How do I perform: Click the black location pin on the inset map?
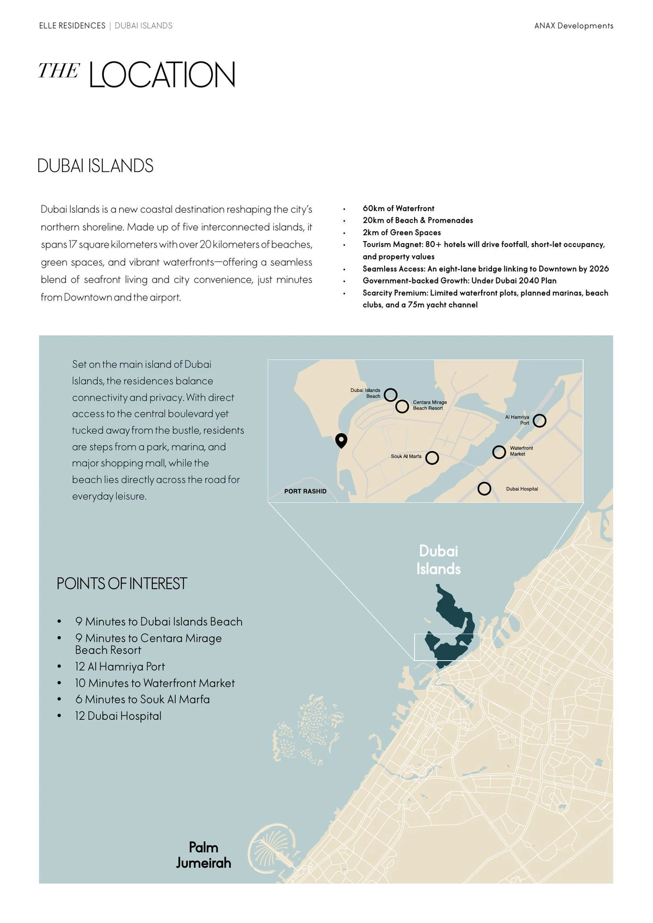(341, 440)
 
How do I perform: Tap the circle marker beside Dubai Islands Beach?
(390, 395)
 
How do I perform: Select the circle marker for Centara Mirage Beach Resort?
(402, 406)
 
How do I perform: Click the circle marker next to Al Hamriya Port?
(539, 421)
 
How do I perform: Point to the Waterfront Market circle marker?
(499, 452)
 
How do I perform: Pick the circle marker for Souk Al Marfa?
(432, 458)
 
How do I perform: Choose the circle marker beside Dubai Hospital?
(484, 489)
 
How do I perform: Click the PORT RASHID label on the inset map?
(305, 491)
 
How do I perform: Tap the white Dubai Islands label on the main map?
(439, 560)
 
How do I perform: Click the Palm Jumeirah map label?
(204, 855)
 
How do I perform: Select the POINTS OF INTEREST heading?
(122, 583)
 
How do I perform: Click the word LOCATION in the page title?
(162, 75)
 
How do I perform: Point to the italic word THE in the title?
(59, 71)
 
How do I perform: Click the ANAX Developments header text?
(574, 26)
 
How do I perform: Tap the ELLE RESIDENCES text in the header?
(72, 26)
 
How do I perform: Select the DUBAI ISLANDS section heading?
(95, 166)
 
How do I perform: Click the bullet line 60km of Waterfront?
(398, 208)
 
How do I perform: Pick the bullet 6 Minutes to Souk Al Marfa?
(143, 699)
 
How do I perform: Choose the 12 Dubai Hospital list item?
(118, 716)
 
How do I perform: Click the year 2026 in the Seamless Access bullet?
(599, 269)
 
